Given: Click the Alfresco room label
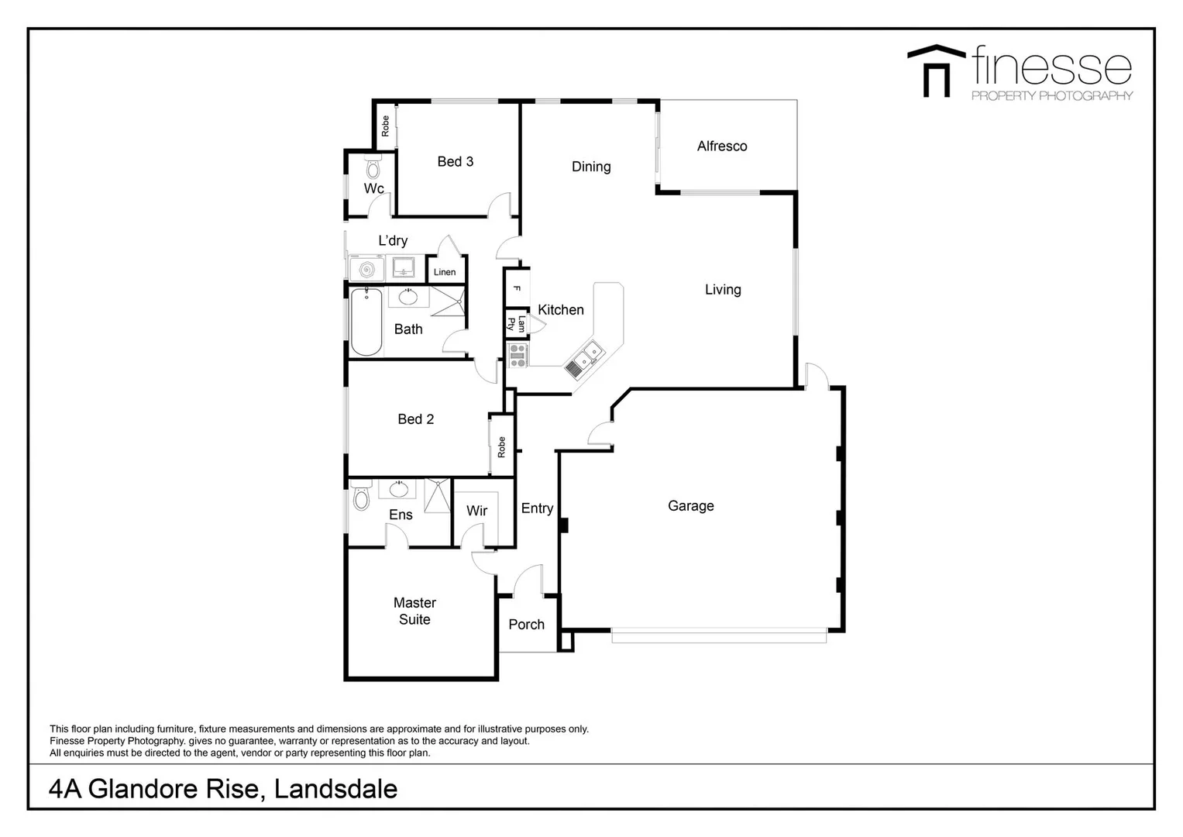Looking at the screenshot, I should click(x=722, y=146).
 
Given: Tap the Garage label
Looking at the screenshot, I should click(x=691, y=506).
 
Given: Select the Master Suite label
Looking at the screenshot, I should click(x=414, y=611).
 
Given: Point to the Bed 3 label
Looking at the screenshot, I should click(x=456, y=161).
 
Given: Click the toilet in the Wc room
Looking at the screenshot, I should click(x=373, y=167).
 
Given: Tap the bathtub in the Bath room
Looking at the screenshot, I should click(x=366, y=322).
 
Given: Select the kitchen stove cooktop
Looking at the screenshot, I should click(x=518, y=356).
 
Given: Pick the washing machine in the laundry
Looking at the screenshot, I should click(x=366, y=270).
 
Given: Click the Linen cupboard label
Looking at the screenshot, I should click(x=445, y=272).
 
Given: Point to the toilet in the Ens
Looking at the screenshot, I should click(x=361, y=497).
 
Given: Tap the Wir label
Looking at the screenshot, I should click(x=477, y=511).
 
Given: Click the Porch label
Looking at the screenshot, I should click(x=527, y=625).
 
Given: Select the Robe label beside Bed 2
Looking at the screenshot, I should click(x=501, y=447).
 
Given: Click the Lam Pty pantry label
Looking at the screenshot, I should click(x=516, y=324).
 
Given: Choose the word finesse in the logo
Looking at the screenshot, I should click(x=1051, y=67).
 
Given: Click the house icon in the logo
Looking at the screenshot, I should click(x=936, y=71).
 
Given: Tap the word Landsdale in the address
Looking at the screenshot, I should click(x=335, y=789).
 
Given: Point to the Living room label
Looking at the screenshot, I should click(x=723, y=290).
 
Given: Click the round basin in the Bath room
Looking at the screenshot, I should click(x=409, y=297).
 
